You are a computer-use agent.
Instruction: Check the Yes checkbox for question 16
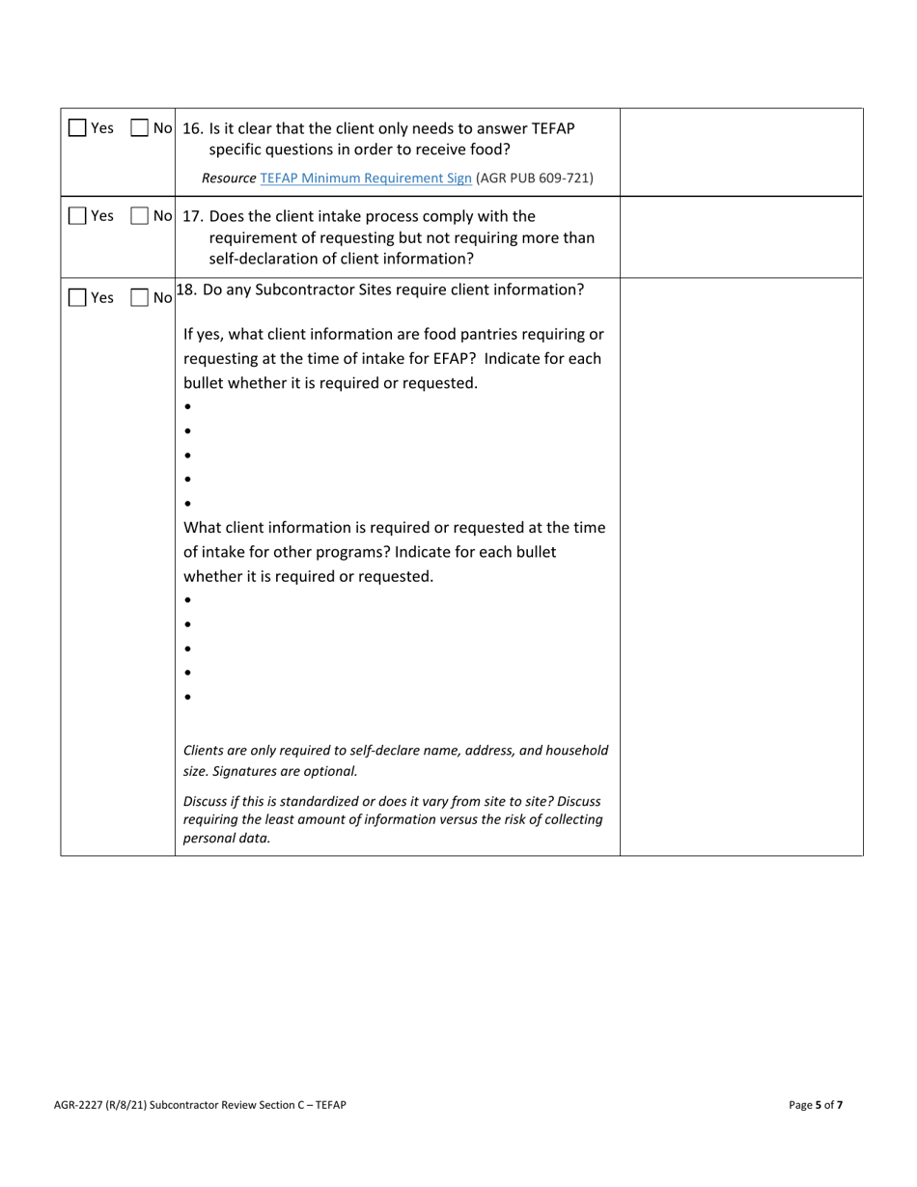pyautogui.click(x=77, y=128)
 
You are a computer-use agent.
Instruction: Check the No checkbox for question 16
pyautogui.click(x=140, y=128)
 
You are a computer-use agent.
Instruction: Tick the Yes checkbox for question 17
pyautogui.click(x=77, y=216)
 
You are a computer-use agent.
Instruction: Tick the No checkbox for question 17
pyautogui.click(x=140, y=216)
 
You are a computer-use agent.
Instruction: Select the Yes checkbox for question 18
pyautogui.click(x=77, y=299)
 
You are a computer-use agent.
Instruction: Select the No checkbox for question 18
pyautogui.click(x=140, y=299)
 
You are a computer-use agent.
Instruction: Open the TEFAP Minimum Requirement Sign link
pyautogui.click(x=366, y=179)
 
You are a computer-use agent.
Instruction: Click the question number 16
pyautogui.click(x=192, y=128)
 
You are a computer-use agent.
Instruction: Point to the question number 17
pyautogui.click(x=192, y=215)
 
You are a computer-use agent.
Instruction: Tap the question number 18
pyautogui.click(x=187, y=289)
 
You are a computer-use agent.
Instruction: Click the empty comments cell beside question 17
pyautogui.click(x=740, y=236)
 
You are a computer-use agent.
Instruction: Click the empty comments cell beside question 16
pyautogui.click(x=740, y=152)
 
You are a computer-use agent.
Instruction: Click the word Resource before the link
pyautogui.click(x=229, y=179)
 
